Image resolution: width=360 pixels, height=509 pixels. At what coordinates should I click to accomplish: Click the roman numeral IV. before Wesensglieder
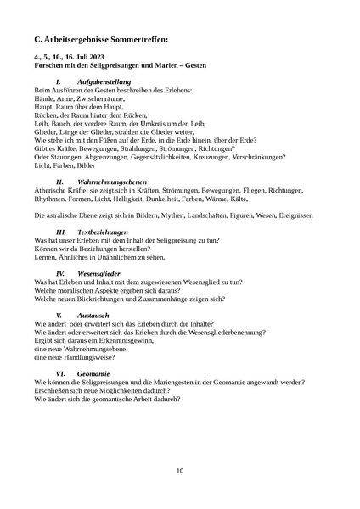point(60,273)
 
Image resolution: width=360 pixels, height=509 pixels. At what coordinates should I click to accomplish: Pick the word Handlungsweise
point(83,357)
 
